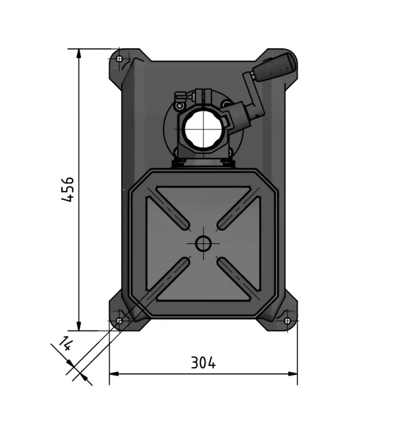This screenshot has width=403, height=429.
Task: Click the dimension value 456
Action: click(68, 189)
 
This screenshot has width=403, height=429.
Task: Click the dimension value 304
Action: click(203, 363)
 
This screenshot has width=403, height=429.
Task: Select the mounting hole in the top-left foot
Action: click(119, 59)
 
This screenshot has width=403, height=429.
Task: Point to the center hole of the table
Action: click(203, 243)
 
